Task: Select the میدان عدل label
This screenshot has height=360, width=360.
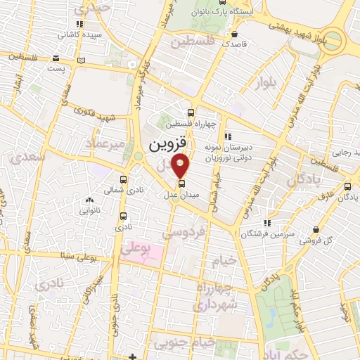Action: point(182,194)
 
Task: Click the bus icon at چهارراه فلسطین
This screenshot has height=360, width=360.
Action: point(191,111)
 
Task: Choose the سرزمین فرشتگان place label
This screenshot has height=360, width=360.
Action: point(266,233)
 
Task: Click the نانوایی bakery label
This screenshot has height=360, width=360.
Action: point(89,210)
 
